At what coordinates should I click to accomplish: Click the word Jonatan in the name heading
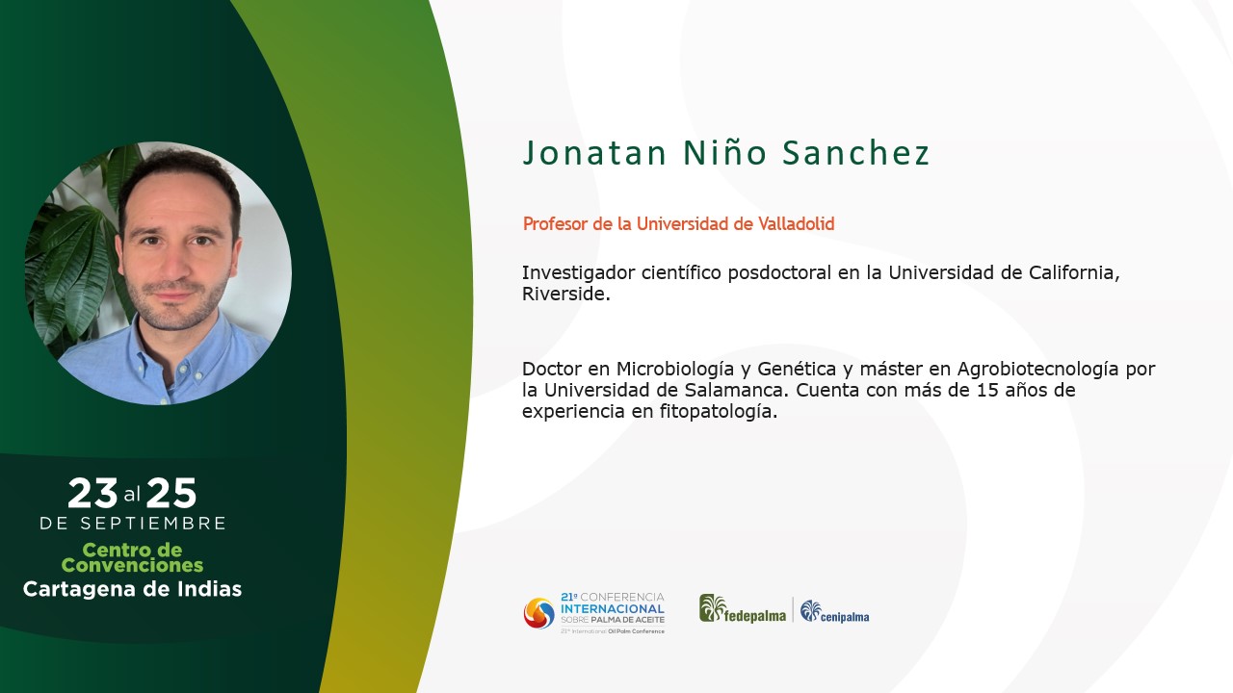(x=594, y=152)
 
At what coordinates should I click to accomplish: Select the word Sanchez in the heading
(x=856, y=152)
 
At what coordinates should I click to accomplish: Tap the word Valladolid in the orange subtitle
(x=796, y=224)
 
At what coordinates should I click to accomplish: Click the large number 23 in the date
(x=92, y=493)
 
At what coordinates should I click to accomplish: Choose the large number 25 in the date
(x=171, y=493)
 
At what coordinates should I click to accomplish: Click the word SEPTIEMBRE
(x=153, y=523)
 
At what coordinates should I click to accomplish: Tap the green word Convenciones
(x=132, y=565)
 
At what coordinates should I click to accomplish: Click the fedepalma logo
(x=743, y=609)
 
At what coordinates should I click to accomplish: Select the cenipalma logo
(x=834, y=611)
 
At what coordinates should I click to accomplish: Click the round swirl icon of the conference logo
(x=538, y=613)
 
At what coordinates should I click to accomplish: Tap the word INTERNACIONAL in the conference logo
(x=613, y=609)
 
